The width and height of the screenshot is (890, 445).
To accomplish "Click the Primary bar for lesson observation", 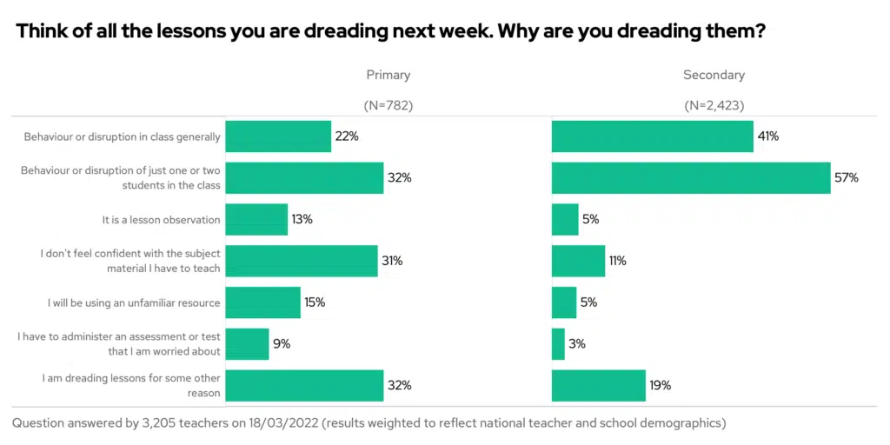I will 256,220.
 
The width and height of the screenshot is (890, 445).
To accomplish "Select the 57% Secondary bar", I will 691,177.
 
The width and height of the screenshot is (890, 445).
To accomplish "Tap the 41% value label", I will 767,136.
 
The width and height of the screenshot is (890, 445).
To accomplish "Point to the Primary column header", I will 388,76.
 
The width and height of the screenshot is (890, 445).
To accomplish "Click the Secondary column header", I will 714,76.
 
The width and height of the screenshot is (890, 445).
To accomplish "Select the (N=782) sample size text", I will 388,106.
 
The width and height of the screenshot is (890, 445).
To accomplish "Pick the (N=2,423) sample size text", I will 714,106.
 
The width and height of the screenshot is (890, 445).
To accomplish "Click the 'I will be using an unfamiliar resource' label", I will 134,303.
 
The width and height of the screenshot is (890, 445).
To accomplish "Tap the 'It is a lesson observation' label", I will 161,220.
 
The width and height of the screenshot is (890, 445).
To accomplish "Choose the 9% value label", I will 281,344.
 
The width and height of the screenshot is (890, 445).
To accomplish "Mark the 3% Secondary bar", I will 558,344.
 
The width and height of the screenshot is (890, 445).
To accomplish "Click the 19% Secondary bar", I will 599,385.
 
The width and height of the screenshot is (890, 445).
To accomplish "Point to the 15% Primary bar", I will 262,303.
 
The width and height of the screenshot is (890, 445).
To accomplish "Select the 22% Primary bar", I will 278,136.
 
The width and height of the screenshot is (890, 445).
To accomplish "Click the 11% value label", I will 617,261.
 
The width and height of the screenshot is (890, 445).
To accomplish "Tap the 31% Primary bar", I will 302,261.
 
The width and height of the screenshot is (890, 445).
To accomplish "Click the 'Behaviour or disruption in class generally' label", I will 122,136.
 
